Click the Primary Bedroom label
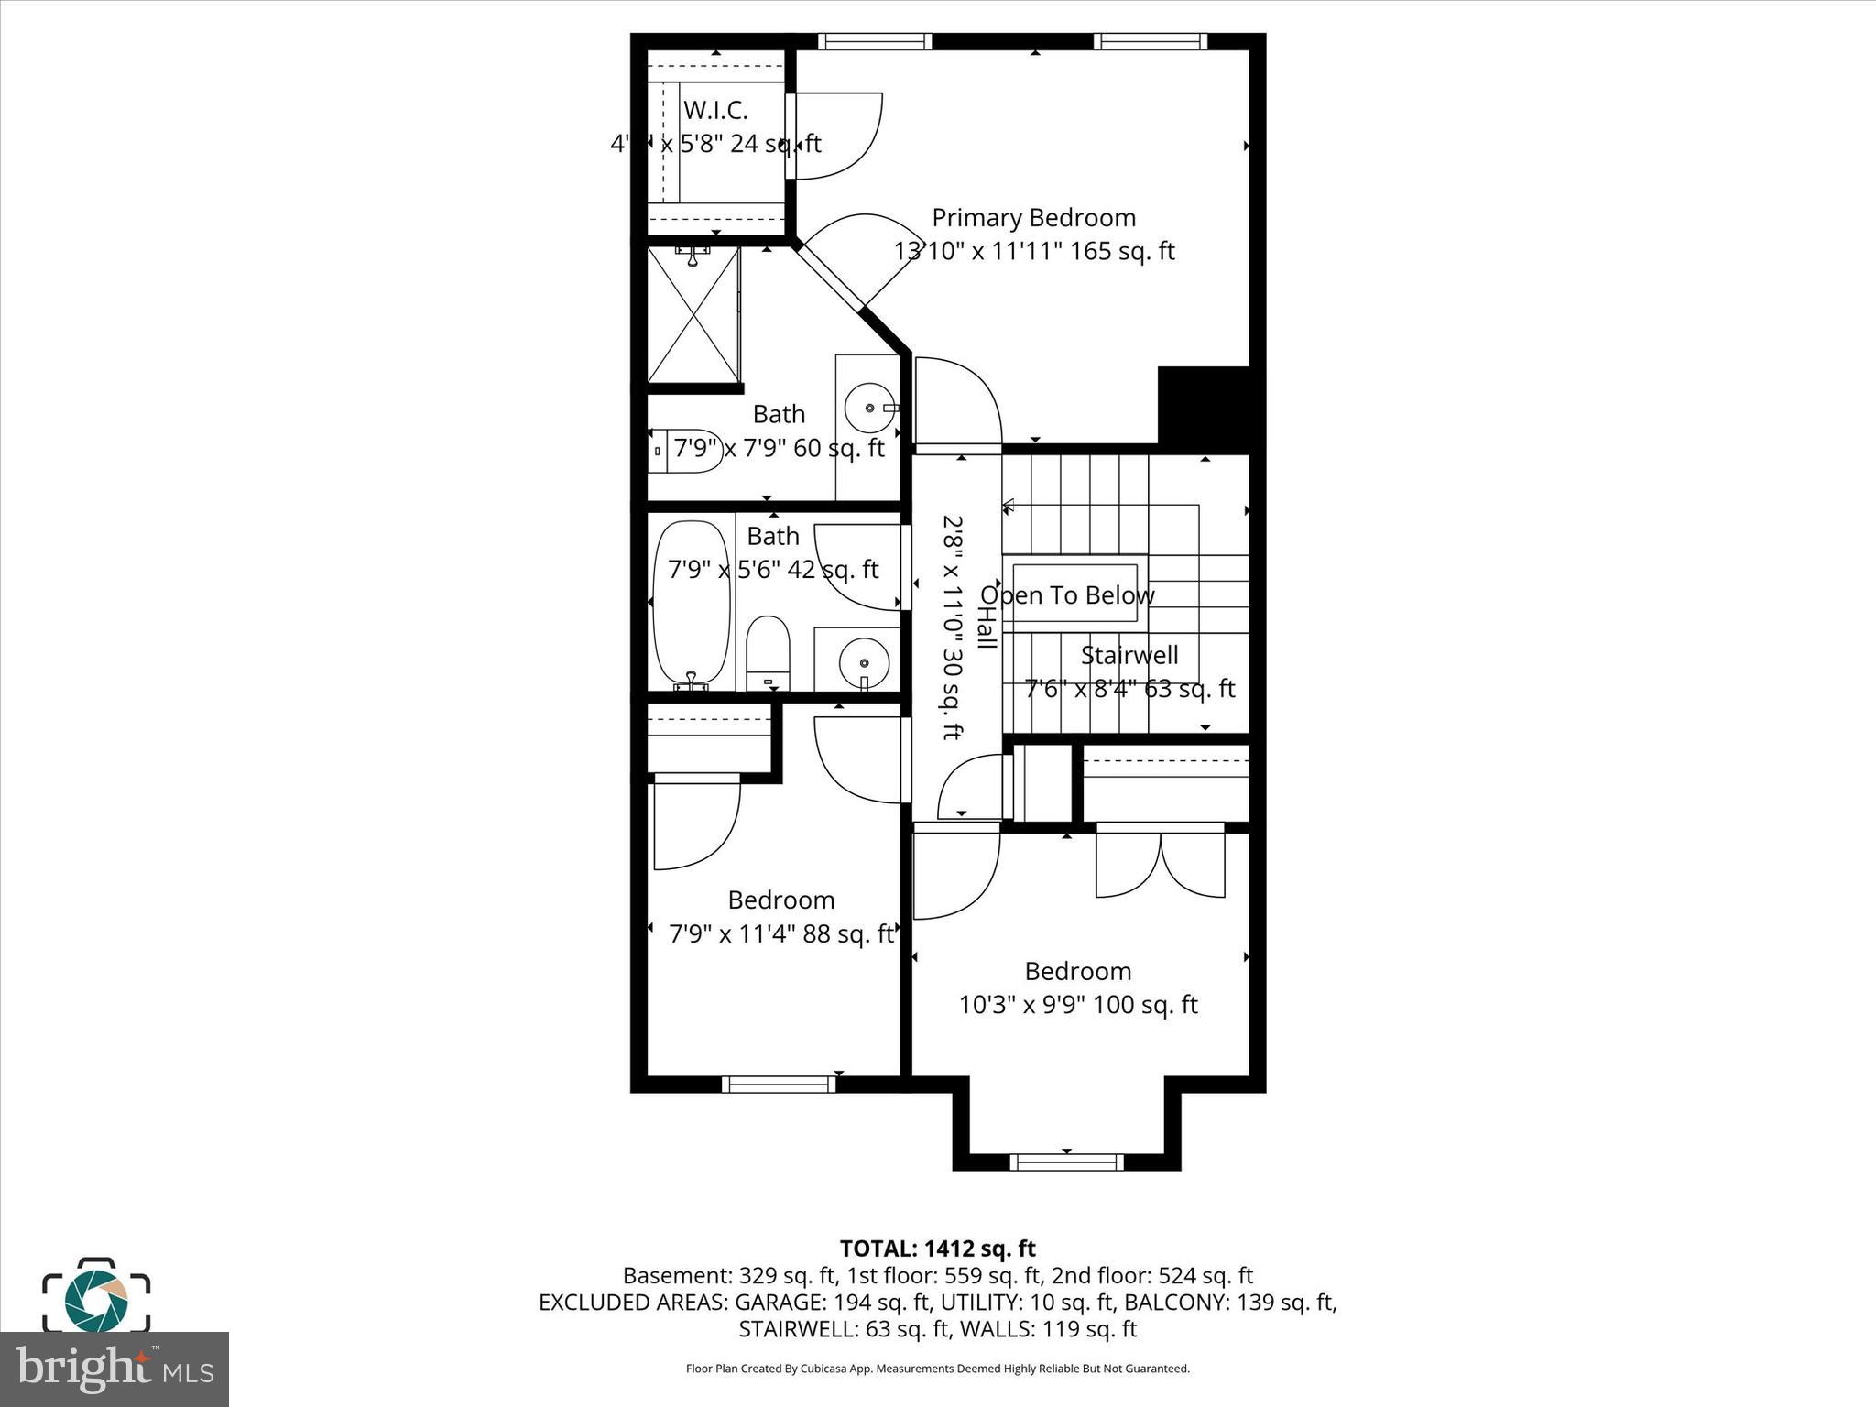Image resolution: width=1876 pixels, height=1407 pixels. click(x=1033, y=218)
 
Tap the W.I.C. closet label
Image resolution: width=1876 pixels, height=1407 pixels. click(x=715, y=110)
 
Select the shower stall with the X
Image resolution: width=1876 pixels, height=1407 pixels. click(x=693, y=314)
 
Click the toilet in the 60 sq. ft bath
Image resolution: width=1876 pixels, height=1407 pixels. click(x=684, y=451)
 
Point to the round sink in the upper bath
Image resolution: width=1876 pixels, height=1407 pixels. click(x=868, y=408)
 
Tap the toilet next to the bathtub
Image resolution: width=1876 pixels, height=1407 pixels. click(x=768, y=651)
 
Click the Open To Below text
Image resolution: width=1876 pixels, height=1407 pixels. click(x=1067, y=595)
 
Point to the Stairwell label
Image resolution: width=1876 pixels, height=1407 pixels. click(x=1129, y=655)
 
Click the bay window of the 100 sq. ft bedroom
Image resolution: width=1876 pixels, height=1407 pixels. click(x=1066, y=1162)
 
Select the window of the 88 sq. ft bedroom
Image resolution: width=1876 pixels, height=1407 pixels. click(x=779, y=1084)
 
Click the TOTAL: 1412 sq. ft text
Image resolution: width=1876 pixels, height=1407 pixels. click(x=937, y=1249)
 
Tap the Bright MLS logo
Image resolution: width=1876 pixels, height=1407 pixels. click(x=114, y=1369)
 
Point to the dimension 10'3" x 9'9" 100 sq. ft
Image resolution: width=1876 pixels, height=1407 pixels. click(x=1078, y=1005)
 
